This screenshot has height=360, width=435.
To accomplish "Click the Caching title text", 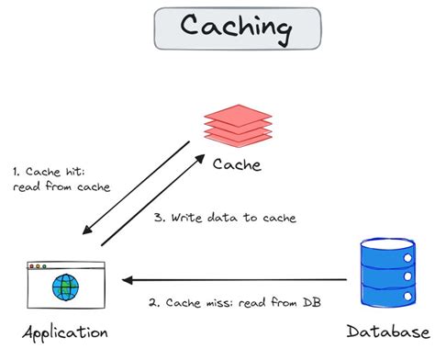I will click(217, 28).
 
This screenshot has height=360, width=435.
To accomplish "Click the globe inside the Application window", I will click(66, 288).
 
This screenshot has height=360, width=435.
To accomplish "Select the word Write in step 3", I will click(189, 218).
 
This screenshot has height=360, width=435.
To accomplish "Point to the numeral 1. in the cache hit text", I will click(17, 171).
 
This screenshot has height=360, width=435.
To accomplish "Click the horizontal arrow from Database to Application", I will click(239, 280).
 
